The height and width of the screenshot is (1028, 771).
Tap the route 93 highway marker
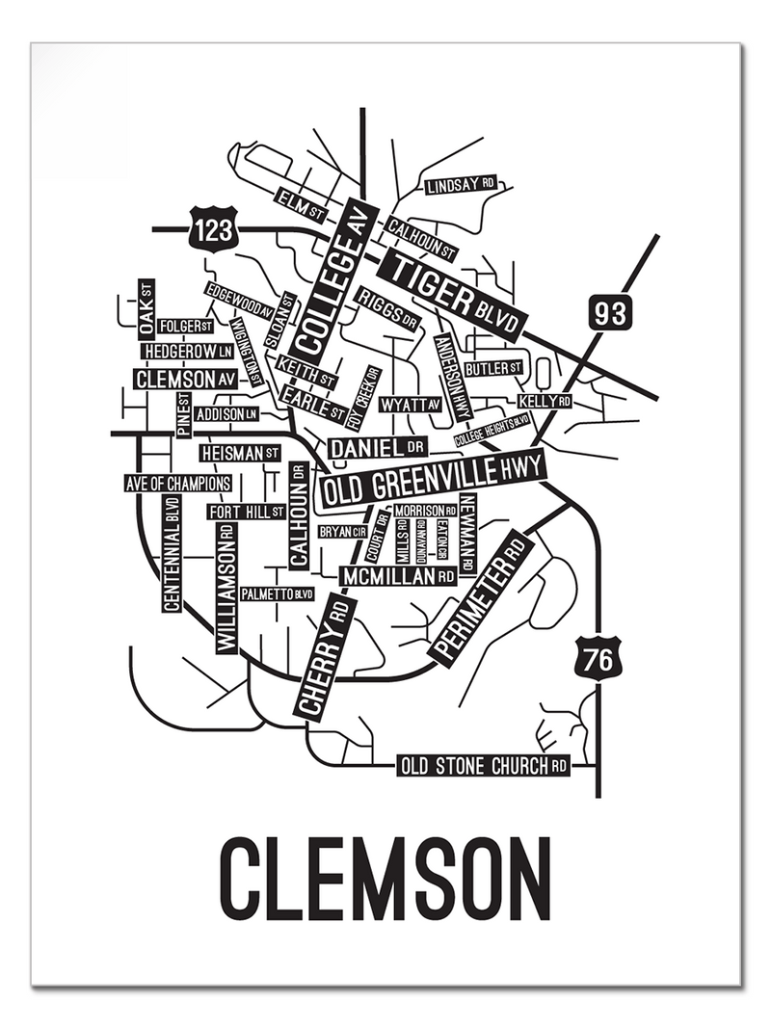point(610,313)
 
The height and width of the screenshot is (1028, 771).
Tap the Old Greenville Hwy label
point(433,479)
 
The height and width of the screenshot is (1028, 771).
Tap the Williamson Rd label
point(226,589)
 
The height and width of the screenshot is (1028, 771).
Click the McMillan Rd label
point(398,576)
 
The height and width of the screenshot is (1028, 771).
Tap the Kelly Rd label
point(545,401)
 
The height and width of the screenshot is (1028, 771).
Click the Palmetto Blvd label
point(278,593)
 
